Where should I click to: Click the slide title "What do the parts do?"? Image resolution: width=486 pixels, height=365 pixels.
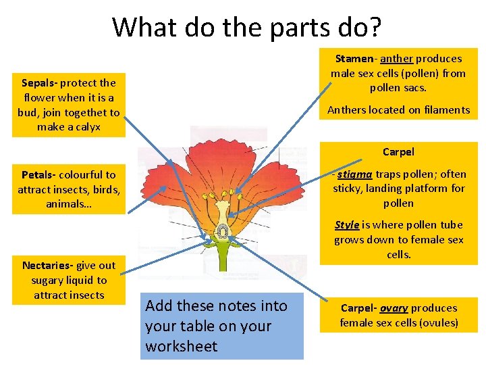pyautogui.click(x=246, y=28)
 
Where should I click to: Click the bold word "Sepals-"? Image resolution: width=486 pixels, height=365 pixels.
pyautogui.click(x=40, y=83)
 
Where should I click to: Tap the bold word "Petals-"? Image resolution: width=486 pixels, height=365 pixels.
pyautogui.click(x=40, y=175)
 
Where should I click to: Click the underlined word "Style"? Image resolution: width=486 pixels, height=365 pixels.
pyautogui.click(x=347, y=225)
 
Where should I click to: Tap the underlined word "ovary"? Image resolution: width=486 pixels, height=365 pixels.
pyautogui.click(x=395, y=308)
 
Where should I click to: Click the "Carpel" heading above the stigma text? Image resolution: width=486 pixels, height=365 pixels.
pyautogui.click(x=398, y=152)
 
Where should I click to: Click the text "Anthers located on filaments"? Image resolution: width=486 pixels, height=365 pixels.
pyautogui.click(x=398, y=110)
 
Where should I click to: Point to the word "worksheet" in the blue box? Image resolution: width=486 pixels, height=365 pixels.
pyautogui.click(x=182, y=347)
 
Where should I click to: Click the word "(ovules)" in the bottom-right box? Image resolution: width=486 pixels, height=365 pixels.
pyautogui.click(x=437, y=323)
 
